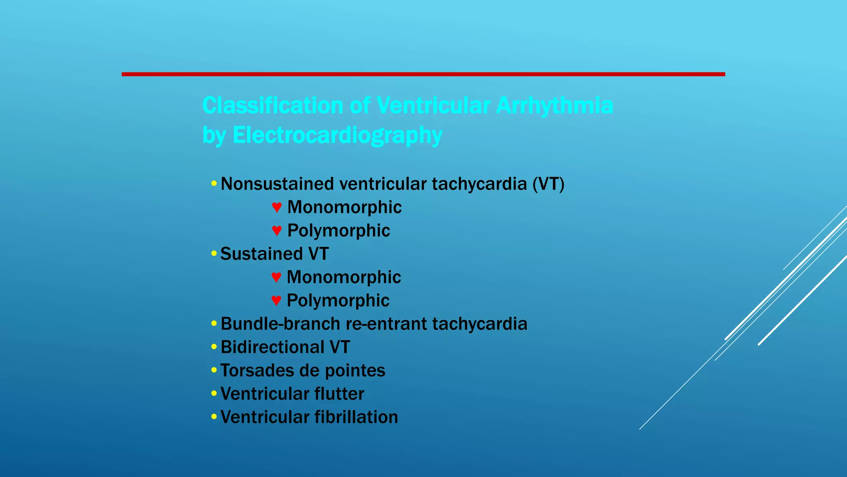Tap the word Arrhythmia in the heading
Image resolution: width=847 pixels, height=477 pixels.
tap(554, 105)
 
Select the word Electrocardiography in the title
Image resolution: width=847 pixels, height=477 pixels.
tap(337, 135)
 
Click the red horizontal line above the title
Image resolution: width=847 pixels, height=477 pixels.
tap(423, 74)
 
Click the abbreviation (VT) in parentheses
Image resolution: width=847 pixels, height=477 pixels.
tap(548, 184)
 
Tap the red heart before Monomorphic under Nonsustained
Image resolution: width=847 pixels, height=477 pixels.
tap(277, 207)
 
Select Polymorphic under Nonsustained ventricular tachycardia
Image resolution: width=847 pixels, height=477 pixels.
tap(338, 231)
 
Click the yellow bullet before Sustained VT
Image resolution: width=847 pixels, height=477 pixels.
tap(213, 253)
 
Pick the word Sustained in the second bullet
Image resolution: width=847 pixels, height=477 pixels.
tap(261, 254)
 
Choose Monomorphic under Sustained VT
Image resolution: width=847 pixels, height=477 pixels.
tap(344, 277)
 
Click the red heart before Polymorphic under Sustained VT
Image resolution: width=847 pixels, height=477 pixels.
tap(276, 300)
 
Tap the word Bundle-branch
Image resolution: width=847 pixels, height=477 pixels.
tap(280, 324)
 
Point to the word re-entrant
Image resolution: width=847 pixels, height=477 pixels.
tap(386, 324)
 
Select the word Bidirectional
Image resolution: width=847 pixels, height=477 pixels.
tap(273, 347)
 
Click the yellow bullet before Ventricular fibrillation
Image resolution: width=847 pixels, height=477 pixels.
tap(213, 416)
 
